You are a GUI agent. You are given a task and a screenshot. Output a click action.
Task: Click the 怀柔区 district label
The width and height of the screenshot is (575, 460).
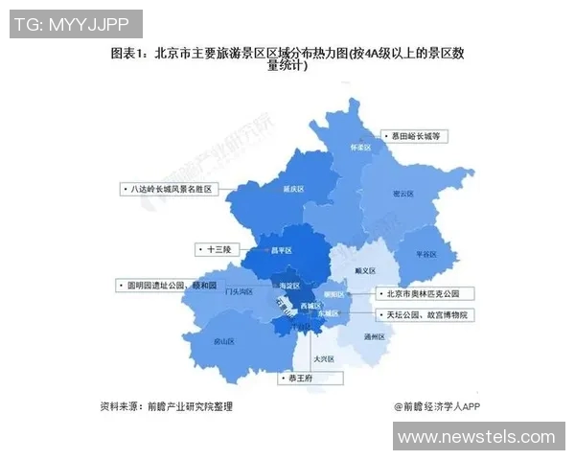pos(358,149)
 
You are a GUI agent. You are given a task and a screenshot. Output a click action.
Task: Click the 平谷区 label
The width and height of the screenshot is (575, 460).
pos(425,254)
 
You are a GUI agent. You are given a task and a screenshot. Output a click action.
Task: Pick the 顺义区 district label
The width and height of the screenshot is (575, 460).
pos(364,271)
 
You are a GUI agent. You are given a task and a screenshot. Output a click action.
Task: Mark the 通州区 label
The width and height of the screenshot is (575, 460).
pos(374,337)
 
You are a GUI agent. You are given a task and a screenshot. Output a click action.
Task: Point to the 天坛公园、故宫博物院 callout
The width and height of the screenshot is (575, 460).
pos(425,313)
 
